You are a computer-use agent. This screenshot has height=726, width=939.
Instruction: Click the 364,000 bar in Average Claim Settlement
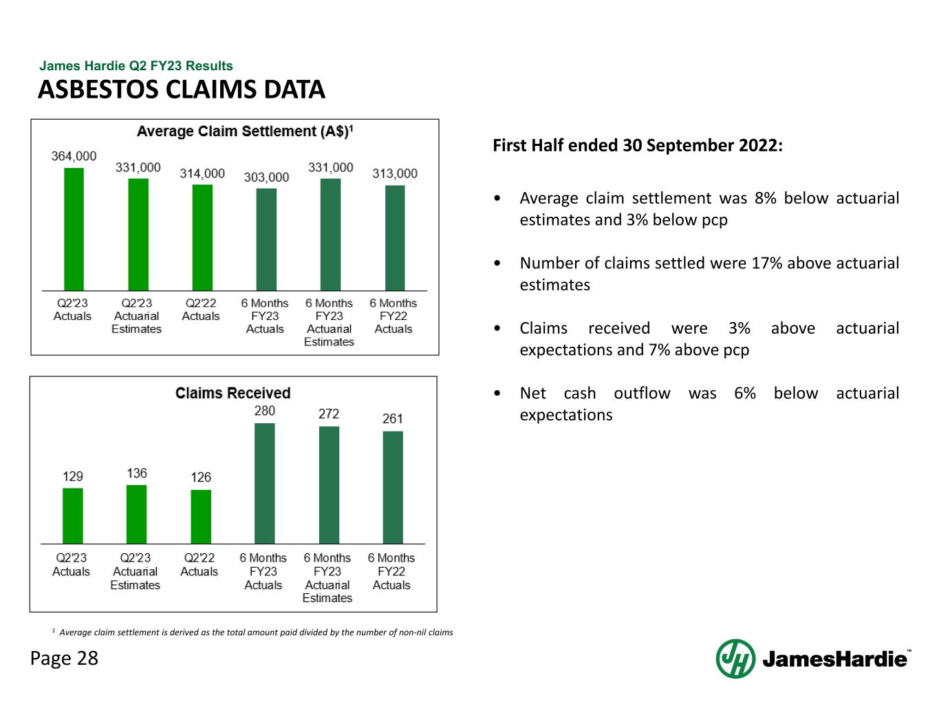74,229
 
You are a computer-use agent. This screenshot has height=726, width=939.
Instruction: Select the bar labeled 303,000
266,239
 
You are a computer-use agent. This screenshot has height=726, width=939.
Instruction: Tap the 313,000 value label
395,173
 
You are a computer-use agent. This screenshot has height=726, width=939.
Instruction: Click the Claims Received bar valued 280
264,483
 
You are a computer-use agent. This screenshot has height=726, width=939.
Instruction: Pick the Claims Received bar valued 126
201,516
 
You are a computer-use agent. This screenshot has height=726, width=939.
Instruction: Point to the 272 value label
329,414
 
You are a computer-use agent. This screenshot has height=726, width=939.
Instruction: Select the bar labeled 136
136,514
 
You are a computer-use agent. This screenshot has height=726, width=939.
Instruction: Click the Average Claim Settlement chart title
245,131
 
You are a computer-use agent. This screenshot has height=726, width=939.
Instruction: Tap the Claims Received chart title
233,393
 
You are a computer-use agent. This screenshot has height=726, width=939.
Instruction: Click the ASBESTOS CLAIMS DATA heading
182,89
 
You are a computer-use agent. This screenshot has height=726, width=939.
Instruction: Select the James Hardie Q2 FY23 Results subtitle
136,66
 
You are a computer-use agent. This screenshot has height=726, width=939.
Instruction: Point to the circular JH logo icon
735,659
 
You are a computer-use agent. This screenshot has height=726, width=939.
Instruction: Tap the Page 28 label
65,659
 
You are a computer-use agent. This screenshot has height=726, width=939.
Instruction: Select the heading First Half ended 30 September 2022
638,145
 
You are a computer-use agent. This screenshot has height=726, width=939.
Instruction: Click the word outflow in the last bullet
642,393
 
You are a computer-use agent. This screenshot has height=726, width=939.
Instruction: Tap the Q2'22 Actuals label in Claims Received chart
199,564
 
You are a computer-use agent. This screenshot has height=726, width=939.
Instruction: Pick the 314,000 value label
202,173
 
